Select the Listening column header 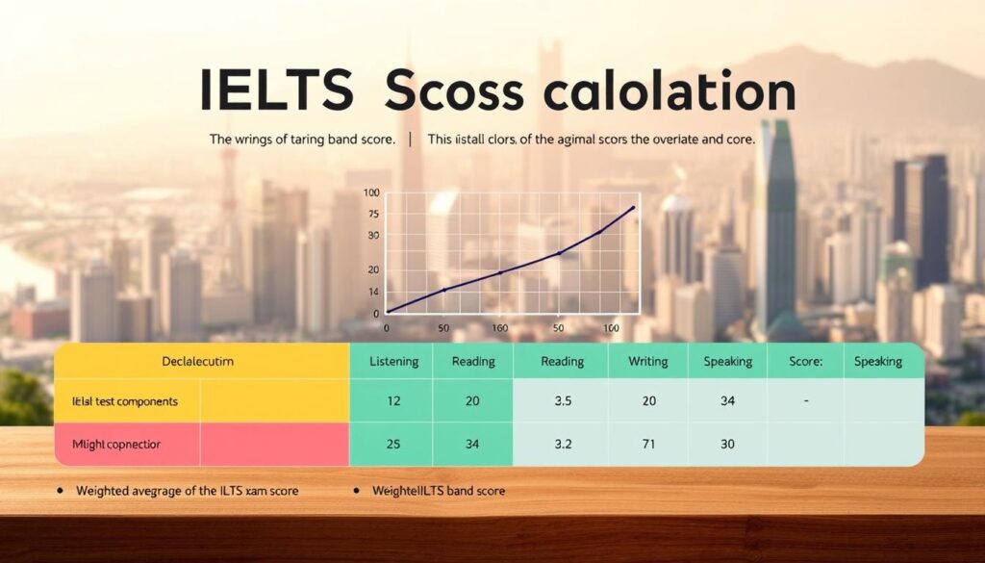pyautogui.click(x=393, y=362)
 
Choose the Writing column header pyautogui.click(x=647, y=362)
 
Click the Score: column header pyautogui.click(x=804, y=362)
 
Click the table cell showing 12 pyautogui.click(x=393, y=401)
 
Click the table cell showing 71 pyautogui.click(x=647, y=445)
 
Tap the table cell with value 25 pyautogui.click(x=393, y=445)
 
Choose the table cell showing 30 pyautogui.click(x=727, y=445)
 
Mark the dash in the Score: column pyautogui.click(x=804, y=401)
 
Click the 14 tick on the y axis pyautogui.click(x=373, y=291)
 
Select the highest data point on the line pyautogui.click(x=632, y=208)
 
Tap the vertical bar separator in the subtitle pyautogui.click(x=411, y=140)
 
